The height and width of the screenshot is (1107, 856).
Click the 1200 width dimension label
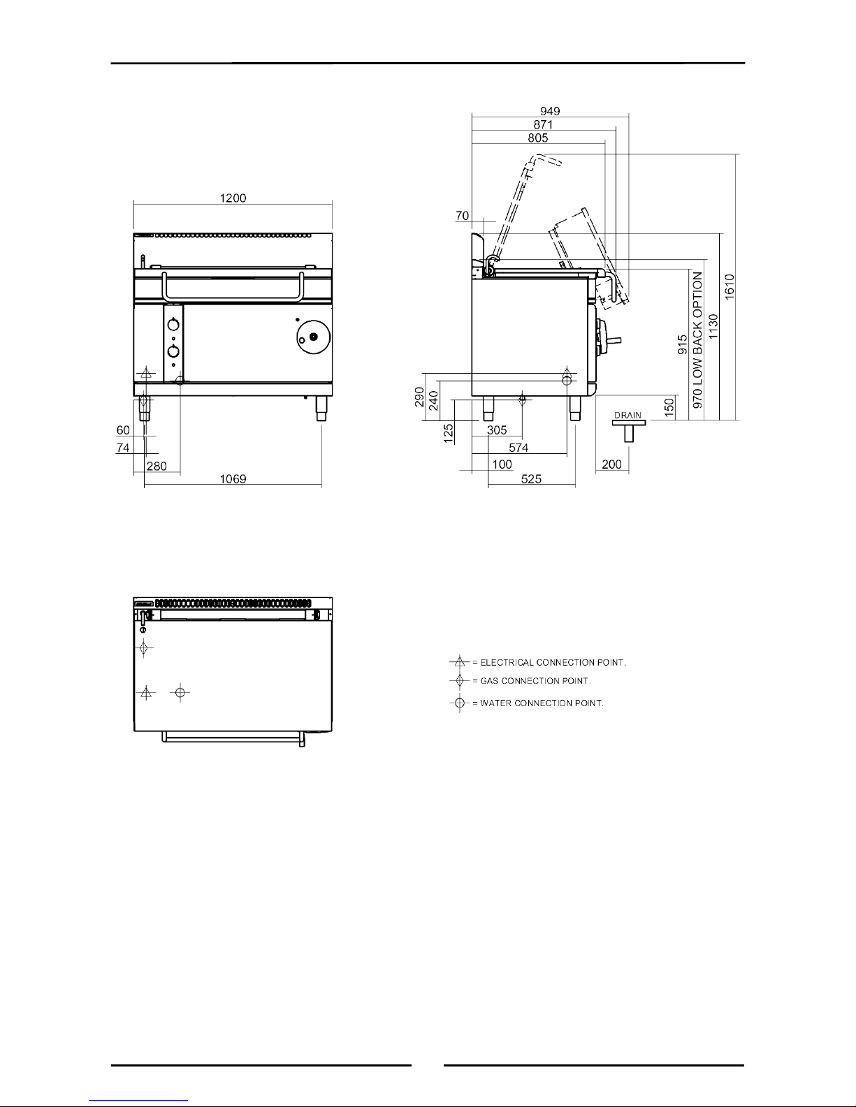(233, 198)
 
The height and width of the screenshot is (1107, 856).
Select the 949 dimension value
(550, 111)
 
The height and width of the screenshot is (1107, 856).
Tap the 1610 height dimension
(730, 287)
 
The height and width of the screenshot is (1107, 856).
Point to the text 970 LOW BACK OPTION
(697, 340)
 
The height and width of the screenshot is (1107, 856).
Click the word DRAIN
(628, 415)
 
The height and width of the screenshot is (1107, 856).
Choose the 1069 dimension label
(233, 478)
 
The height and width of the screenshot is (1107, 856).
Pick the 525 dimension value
(531, 478)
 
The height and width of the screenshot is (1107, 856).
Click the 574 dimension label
(518, 447)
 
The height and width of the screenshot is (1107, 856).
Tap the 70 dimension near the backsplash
(462, 216)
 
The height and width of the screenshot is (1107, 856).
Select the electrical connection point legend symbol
(460, 661)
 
